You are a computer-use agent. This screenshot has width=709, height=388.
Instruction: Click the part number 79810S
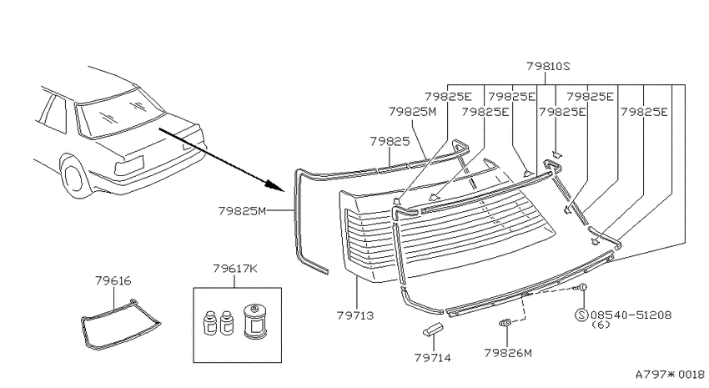pyautogui.click(x=548, y=67)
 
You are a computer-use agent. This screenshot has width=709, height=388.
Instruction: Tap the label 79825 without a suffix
pyautogui.click(x=390, y=142)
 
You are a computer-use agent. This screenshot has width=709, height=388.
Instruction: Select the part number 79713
pyautogui.click(x=355, y=315)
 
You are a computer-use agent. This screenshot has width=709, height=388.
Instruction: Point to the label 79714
pyautogui.click(x=433, y=358)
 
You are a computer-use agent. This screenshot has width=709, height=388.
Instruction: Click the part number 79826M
pyautogui.click(x=508, y=353)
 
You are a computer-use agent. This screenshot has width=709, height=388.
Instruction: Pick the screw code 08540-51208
pyautogui.click(x=631, y=315)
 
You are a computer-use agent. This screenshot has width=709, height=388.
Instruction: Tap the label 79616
pyautogui.click(x=113, y=281)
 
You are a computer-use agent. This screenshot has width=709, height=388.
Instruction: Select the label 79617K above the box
pyautogui.click(x=234, y=269)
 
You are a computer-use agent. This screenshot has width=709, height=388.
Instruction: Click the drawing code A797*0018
pyautogui.click(x=670, y=375)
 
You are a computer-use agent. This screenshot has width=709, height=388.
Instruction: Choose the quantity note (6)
pyautogui.click(x=601, y=325)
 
